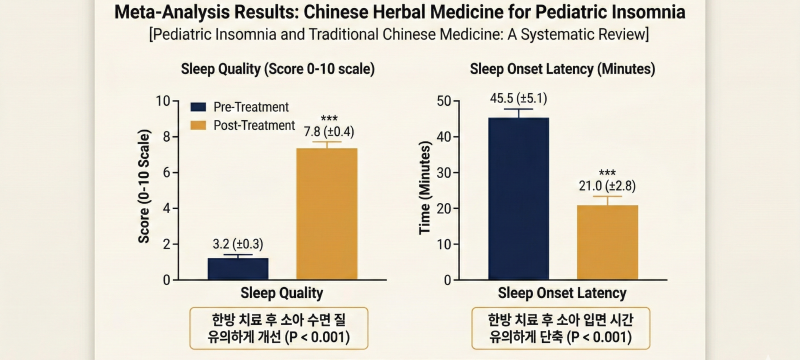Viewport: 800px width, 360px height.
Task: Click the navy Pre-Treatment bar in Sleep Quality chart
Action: point(238,269)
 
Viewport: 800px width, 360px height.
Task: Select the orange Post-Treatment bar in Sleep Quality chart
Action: point(327,214)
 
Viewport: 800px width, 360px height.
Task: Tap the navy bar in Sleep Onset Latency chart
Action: point(518,199)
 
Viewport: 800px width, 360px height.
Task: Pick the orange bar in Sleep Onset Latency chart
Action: point(607,242)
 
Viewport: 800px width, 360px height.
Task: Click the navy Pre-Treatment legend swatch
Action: point(198,107)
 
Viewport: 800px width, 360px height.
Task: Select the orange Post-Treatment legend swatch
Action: point(198,125)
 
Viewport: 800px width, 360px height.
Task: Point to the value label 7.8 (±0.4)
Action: point(329,132)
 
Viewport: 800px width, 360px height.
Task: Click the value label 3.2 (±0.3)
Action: point(238,245)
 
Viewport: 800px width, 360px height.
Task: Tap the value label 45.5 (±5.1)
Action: point(518,98)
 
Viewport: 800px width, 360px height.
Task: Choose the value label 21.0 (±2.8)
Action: point(607,187)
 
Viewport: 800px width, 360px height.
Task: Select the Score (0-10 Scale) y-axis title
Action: point(144,187)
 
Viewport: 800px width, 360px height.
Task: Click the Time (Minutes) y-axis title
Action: point(426,188)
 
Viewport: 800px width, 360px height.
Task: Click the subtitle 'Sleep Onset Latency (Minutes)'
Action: point(562,69)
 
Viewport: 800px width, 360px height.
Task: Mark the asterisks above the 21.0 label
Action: point(607,173)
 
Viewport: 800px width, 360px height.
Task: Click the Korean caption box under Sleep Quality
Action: point(279,328)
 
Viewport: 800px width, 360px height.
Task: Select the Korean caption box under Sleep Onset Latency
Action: point(561,328)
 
